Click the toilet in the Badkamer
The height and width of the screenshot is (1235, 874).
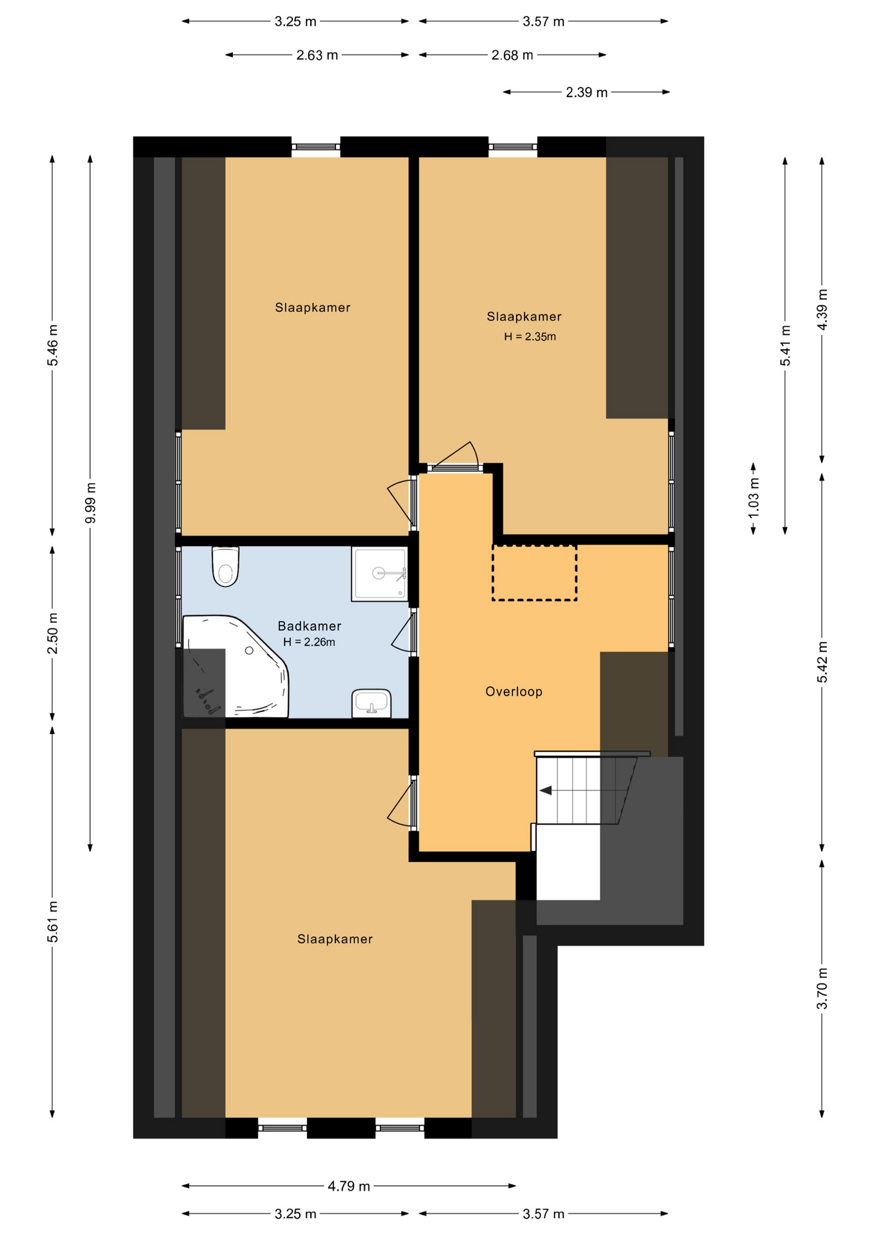[225, 566]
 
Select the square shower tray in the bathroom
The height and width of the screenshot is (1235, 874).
[380, 574]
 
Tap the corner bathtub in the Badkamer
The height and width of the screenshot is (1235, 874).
[236, 666]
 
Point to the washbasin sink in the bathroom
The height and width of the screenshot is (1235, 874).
[371, 703]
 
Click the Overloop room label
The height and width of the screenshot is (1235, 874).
[514, 691]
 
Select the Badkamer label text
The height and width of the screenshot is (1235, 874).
[310, 626]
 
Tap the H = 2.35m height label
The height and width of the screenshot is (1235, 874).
[530, 336]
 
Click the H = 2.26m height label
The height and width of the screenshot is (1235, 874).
[309, 642]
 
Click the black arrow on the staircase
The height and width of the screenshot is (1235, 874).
[546, 791]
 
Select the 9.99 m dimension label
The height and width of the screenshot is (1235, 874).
[91, 502]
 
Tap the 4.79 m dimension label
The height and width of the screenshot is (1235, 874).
[349, 1186]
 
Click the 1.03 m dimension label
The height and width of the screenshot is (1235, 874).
[754, 497]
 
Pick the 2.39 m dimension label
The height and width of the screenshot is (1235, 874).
[587, 92]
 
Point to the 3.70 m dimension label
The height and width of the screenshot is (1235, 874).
[823, 989]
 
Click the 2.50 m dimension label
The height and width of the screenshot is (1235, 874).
[53, 633]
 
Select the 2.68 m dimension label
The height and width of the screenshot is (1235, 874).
[512, 55]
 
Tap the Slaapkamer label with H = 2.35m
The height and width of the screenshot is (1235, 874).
[524, 316]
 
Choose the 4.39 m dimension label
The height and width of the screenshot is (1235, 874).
[823, 309]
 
